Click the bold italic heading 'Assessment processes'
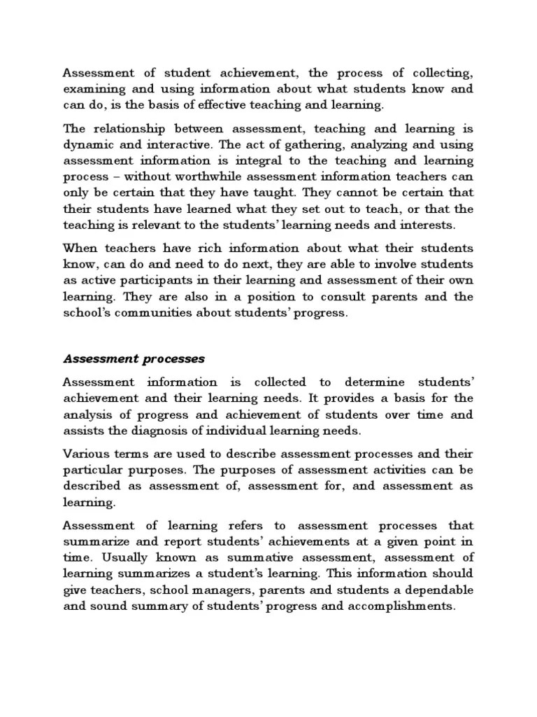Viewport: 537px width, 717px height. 134,358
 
